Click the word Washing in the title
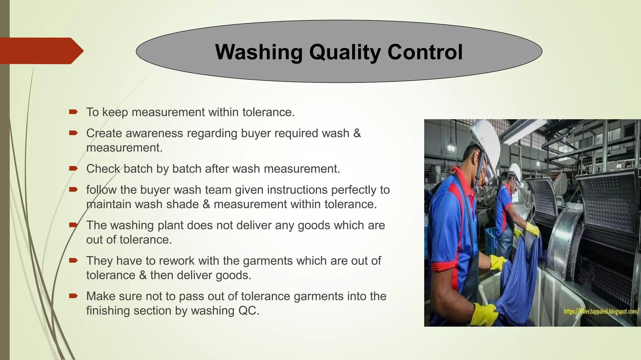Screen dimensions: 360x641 pyautogui.click(x=259, y=52)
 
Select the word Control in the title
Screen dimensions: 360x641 pyautogui.click(x=425, y=52)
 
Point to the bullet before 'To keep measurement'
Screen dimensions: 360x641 pyautogui.click(x=73, y=112)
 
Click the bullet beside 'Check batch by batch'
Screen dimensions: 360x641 pyautogui.click(x=73, y=169)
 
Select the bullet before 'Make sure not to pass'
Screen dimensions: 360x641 pyautogui.click(x=73, y=296)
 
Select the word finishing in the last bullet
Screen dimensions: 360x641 pyautogui.click(x=108, y=311)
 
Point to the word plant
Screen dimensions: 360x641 pyautogui.click(x=171, y=225)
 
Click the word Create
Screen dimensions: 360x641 pyautogui.click(x=104, y=133)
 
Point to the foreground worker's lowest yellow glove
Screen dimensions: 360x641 pyautogui.click(x=485, y=314)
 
